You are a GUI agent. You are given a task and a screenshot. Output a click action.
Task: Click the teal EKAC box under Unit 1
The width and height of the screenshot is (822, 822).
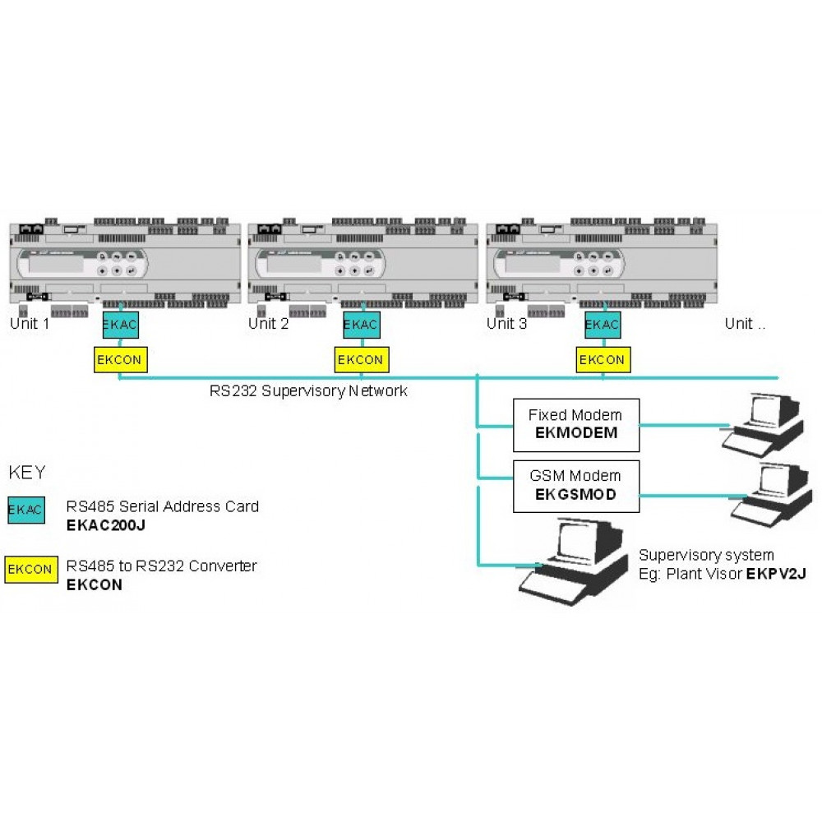[121, 325]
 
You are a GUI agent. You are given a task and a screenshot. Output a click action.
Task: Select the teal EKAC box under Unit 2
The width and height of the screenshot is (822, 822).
[361, 325]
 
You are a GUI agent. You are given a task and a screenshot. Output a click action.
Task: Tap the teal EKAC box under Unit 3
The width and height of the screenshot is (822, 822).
[603, 325]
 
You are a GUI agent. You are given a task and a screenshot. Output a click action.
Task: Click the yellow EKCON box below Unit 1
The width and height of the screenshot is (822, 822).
[121, 360]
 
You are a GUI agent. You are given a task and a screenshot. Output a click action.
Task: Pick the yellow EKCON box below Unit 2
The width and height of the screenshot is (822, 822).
[362, 360]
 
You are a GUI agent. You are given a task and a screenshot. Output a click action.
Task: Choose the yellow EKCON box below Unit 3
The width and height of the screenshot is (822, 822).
[603, 360]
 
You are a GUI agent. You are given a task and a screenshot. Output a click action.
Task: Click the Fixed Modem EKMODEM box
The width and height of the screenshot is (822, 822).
[576, 425]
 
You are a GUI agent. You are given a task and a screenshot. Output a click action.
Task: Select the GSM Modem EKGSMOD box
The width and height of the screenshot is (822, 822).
[576, 486]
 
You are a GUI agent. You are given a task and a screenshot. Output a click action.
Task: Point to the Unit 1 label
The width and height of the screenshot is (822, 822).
[30, 323]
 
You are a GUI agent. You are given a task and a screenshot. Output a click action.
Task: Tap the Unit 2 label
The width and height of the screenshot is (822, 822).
[269, 323]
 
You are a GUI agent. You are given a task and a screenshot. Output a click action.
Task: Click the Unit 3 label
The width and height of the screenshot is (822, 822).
[506, 323]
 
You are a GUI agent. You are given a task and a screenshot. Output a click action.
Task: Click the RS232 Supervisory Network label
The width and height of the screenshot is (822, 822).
[308, 391]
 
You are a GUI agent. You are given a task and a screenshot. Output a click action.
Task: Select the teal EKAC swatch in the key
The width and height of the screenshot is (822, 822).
[26, 510]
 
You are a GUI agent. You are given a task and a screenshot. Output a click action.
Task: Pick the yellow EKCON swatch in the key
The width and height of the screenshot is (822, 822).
[31, 570]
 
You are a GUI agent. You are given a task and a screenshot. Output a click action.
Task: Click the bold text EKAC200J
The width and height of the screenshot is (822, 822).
[106, 525]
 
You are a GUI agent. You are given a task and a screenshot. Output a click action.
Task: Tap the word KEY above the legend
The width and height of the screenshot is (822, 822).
[27, 473]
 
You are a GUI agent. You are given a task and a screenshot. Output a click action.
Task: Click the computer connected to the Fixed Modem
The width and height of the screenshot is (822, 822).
[764, 424]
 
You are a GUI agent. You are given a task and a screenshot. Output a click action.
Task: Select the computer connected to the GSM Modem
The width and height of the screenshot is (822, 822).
[772, 494]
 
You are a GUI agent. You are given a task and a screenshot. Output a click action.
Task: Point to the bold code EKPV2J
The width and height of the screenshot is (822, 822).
[777, 574]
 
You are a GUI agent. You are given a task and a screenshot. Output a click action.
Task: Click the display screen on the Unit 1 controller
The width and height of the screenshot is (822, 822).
[56, 264]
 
